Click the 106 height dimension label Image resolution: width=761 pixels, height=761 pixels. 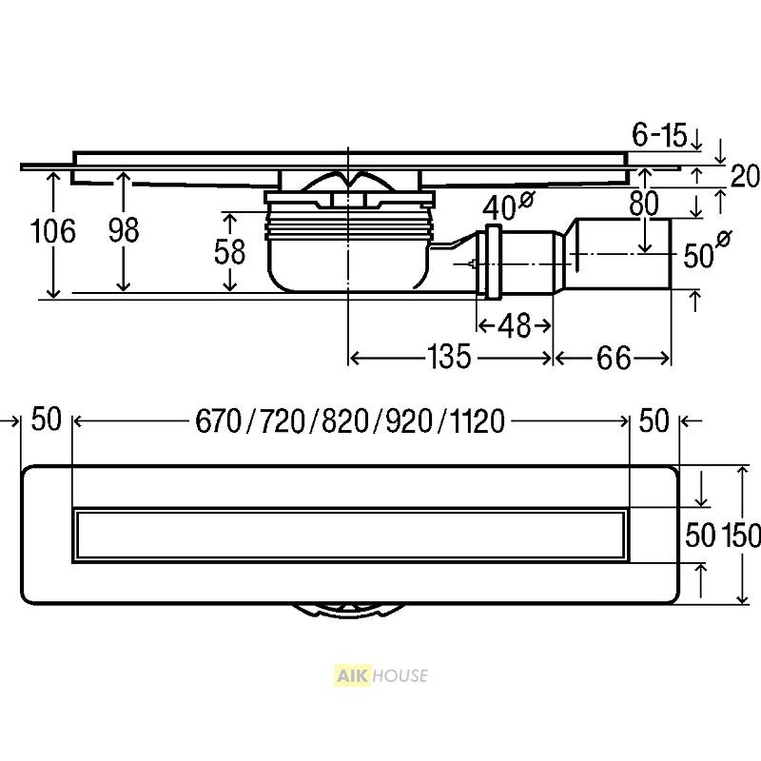tap(53, 230)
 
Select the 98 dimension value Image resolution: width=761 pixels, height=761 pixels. tap(124, 230)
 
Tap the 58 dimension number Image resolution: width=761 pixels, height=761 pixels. tap(229, 252)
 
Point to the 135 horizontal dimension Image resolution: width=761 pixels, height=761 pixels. tap(449, 357)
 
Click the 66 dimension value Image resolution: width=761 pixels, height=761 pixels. tap(614, 359)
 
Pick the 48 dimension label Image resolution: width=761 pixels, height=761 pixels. tap(515, 325)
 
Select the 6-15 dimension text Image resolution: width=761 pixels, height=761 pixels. tap(659, 134)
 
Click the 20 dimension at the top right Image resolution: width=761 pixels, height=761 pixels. tap(745, 176)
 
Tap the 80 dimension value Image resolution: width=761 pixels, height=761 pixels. tap(644, 204)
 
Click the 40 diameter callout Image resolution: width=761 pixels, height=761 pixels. tap(508, 205)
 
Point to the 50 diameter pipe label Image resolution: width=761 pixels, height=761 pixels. tap(707, 251)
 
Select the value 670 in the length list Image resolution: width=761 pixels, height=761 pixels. tap(219, 420)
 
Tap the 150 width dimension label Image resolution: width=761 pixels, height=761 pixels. tap(741, 536)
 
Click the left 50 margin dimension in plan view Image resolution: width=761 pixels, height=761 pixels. tap(47, 420)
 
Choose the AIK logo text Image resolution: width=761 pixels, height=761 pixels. tap(353, 676)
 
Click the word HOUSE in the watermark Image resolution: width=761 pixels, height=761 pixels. tap(400, 676)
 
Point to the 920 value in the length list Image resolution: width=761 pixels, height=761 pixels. tap(409, 420)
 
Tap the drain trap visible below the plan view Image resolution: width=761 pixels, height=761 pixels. tap(348, 611)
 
